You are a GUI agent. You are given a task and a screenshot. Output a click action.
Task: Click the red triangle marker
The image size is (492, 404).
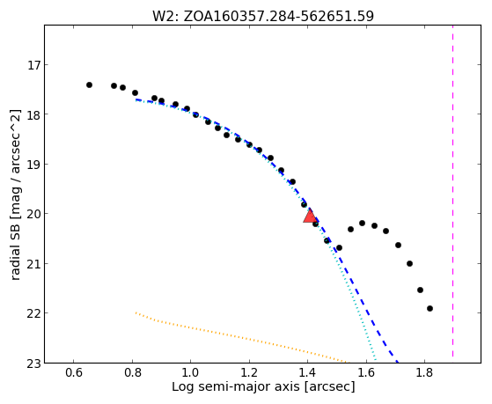(x=311, y=217)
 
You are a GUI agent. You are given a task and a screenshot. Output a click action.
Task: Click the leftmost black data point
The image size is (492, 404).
(x=89, y=84)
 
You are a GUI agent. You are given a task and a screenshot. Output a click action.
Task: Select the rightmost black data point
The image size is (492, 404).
(x=430, y=309)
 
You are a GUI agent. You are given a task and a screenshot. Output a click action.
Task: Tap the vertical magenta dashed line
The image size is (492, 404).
(x=452, y=191)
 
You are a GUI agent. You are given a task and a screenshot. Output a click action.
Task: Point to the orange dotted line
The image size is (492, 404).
(x=241, y=338)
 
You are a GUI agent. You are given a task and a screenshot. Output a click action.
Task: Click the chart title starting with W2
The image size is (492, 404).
(x=263, y=17)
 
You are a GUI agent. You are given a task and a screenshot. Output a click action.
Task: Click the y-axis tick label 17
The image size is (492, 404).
(x=32, y=65)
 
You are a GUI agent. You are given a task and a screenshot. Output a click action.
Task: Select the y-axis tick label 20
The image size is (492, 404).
(x=32, y=214)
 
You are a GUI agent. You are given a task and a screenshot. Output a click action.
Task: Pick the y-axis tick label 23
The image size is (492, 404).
(x=32, y=364)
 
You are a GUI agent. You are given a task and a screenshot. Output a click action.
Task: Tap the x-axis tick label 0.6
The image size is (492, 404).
(x=74, y=372)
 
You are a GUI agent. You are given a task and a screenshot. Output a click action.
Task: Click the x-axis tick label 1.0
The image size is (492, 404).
(x=190, y=372)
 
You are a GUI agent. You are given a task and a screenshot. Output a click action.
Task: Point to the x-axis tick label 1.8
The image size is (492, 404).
(x=424, y=372)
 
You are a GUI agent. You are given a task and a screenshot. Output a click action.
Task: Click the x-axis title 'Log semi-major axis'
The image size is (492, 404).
(x=236, y=387)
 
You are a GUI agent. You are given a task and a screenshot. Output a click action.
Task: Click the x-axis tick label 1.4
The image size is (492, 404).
(x=307, y=372)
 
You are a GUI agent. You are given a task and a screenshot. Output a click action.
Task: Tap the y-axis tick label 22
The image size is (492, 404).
(x=32, y=313)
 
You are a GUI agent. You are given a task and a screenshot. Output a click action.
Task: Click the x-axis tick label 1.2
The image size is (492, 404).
(x=249, y=372)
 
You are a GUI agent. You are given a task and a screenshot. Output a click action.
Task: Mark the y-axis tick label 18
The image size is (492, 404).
(x=32, y=114)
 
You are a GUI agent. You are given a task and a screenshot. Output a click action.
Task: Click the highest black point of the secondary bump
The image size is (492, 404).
(x=362, y=224)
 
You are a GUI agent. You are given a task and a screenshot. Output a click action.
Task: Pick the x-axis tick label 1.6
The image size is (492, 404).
(x=366, y=372)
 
